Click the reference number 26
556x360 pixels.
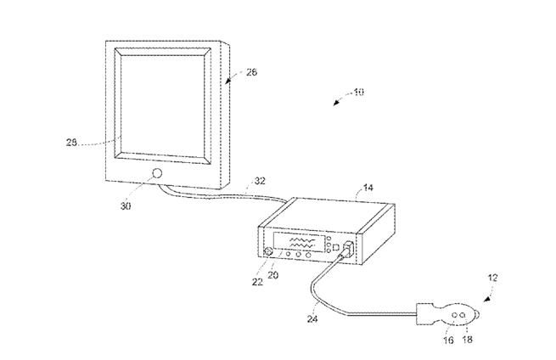coord(252,72)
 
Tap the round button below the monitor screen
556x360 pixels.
coord(156,173)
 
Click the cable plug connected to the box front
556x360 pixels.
coord(347,252)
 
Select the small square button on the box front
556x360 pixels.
coord(335,248)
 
